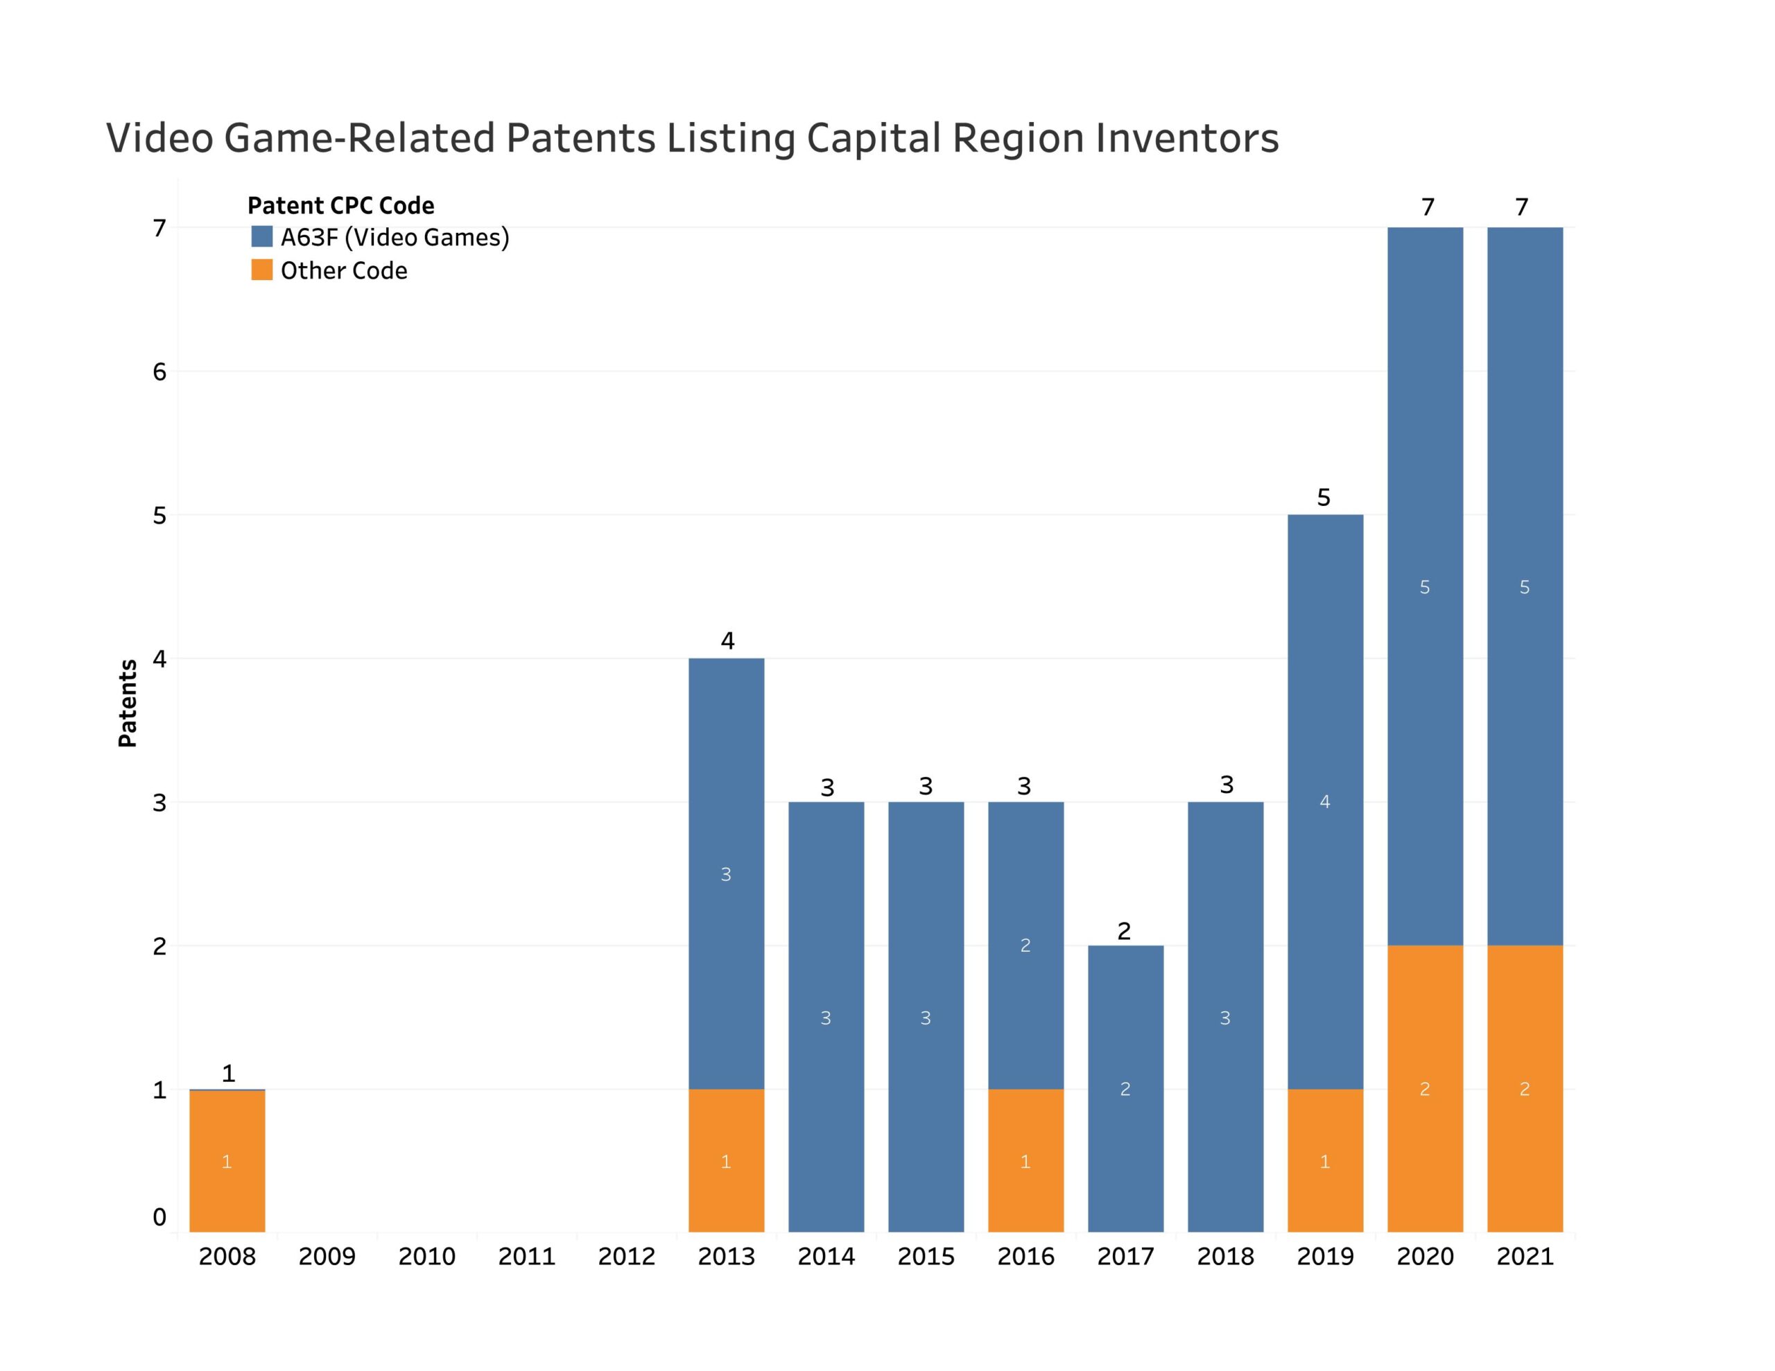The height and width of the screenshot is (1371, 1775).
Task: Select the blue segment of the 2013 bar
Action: click(726, 873)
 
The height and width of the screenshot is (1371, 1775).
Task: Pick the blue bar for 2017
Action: click(1125, 1089)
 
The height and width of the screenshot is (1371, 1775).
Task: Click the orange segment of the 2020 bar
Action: click(1425, 1089)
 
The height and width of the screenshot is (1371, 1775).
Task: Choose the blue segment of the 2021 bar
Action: click(1525, 587)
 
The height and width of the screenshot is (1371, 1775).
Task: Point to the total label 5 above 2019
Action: click(1324, 498)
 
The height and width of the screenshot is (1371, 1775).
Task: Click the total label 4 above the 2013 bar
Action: click(727, 641)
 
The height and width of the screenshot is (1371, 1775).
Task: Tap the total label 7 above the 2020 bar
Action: click(1427, 207)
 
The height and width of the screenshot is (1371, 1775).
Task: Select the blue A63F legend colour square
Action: click(261, 236)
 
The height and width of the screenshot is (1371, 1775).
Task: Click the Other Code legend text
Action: click(344, 270)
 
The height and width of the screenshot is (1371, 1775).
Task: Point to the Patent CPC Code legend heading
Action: click(340, 206)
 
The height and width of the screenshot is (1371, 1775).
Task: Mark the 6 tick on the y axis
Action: click(159, 372)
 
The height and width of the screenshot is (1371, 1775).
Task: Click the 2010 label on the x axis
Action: click(426, 1257)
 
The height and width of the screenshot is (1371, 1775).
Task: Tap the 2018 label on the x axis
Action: click(1226, 1257)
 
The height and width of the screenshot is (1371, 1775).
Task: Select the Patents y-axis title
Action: click(128, 703)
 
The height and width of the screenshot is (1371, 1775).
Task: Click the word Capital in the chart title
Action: click(872, 138)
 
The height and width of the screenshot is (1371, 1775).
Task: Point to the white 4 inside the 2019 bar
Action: click(1325, 802)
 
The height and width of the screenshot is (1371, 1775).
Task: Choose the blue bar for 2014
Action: click(826, 1018)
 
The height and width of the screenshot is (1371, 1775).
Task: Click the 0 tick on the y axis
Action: click(159, 1217)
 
